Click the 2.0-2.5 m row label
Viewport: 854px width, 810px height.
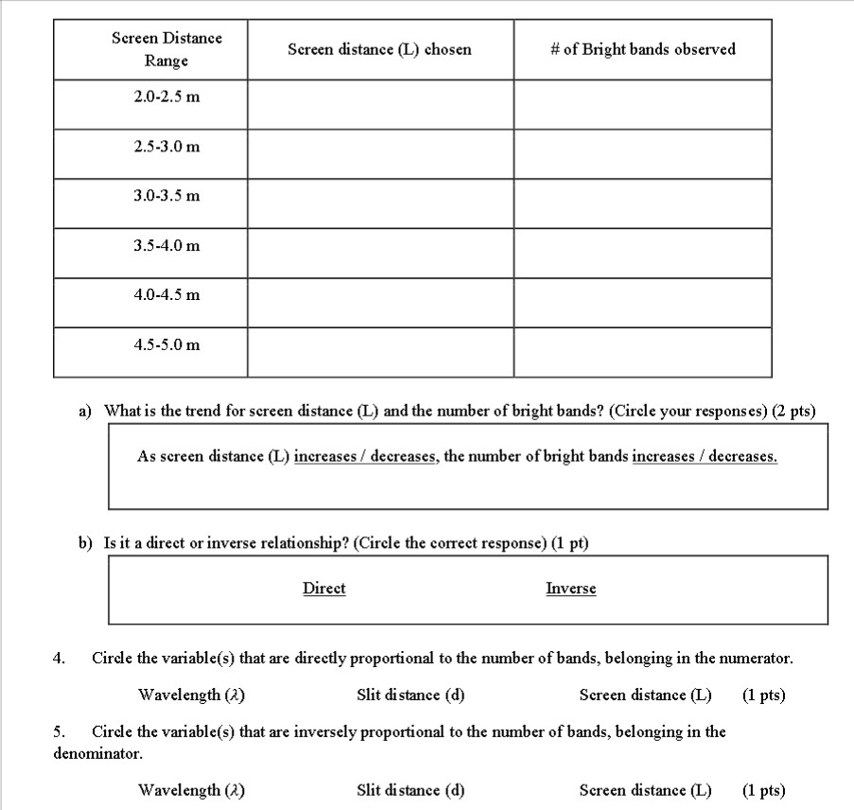coord(166,97)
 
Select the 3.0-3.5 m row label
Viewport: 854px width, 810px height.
coord(166,196)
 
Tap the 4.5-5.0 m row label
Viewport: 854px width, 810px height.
coord(166,344)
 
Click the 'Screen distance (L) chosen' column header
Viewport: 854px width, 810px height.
coord(380,49)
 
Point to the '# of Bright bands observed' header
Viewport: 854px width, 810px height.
coord(642,49)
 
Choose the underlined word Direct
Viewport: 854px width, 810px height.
coord(323,589)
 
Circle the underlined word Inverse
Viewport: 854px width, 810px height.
coord(571,589)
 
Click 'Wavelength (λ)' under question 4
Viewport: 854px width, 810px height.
coord(192,696)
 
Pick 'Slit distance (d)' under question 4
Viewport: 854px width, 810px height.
coord(410,696)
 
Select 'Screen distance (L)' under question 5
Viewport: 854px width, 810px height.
coord(645,790)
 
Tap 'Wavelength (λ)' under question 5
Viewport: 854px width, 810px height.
coord(192,790)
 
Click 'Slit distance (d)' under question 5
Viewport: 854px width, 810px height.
coord(410,790)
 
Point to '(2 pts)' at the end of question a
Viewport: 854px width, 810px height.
coord(793,412)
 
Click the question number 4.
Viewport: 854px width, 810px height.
coord(59,658)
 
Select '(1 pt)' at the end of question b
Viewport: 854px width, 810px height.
coord(569,544)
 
